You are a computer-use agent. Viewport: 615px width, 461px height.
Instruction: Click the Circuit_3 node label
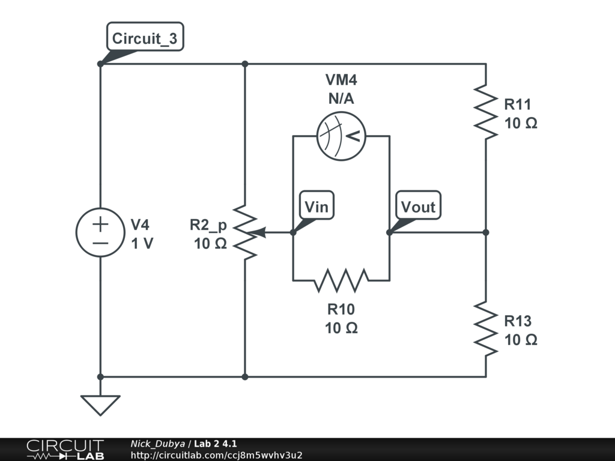click(x=144, y=39)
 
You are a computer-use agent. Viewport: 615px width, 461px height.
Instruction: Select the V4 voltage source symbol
click(x=100, y=233)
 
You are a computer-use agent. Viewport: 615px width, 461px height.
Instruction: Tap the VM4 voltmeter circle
click(x=341, y=136)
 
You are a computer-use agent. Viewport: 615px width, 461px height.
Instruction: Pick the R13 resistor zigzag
click(x=485, y=328)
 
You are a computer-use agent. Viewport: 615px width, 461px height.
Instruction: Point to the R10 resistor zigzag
click(x=341, y=280)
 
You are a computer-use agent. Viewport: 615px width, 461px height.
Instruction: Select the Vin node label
click(x=317, y=207)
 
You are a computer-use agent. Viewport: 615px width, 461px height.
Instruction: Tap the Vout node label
click(x=418, y=207)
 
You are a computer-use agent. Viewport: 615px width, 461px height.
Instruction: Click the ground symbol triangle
click(x=100, y=404)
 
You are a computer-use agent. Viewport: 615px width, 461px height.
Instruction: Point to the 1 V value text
click(x=142, y=244)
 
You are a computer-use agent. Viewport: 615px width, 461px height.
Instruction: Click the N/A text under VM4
click(x=341, y=99)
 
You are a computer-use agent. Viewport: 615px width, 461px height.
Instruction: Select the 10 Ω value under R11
click(x=521, y=123)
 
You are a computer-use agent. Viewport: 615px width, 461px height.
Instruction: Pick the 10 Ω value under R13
click(x=521, y=339)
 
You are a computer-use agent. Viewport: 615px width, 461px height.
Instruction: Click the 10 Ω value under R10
click(x=341, y=328)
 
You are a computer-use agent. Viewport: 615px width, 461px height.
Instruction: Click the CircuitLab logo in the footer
click(x=65, y=449)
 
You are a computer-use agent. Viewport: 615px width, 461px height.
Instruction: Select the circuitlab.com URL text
click(x=216, y=455)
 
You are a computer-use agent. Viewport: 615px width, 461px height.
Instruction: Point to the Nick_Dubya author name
click(x=157, y=444)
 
